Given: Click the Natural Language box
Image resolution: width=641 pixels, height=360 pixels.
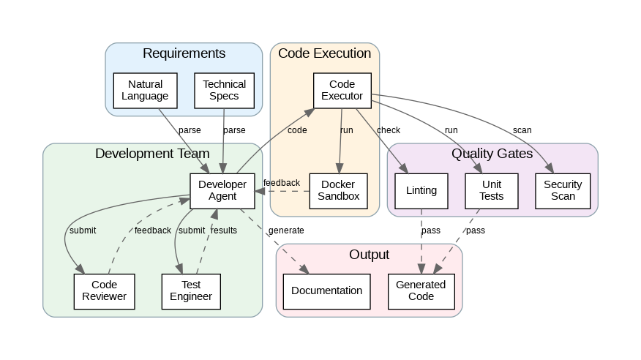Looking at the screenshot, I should pos(145,90).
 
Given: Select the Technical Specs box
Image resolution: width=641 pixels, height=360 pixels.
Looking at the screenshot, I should pos(225,90).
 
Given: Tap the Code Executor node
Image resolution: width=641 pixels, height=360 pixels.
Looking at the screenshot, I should pos(342,90).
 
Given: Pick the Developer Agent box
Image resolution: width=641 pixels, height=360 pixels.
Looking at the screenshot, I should pos(217,190).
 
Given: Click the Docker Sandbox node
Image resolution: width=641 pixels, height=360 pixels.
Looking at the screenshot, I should pos(339,190).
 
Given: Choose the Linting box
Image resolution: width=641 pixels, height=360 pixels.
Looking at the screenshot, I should pos(421,190).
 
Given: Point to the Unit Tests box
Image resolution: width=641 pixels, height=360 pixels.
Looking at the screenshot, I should pos(492,190).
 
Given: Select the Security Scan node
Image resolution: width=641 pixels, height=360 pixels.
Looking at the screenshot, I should pos(563,190).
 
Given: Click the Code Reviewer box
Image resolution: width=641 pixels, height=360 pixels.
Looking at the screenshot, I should pos(105,290).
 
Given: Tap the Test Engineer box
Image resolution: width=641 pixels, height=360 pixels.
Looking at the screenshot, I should pos(191,290).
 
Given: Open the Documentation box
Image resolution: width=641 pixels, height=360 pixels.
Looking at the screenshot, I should pos(326,290).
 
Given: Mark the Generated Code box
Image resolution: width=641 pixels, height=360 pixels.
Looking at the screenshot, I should pos(421,290).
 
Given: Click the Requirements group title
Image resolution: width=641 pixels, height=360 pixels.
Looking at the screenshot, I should pos(184,53).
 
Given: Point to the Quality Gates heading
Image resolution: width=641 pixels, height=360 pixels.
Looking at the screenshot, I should pos(492,154).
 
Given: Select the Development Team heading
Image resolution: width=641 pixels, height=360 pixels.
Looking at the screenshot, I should pos(152,154).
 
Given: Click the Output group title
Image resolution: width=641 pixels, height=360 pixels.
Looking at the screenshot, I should pos(369,255).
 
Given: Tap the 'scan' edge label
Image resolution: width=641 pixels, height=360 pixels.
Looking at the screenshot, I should pos(522,130).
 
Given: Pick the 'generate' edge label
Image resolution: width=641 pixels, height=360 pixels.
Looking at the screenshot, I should pos(286,230).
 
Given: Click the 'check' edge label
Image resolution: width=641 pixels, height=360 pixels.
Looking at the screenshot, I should pos(389,130).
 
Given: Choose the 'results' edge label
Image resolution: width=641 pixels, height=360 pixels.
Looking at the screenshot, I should pos(224,230).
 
